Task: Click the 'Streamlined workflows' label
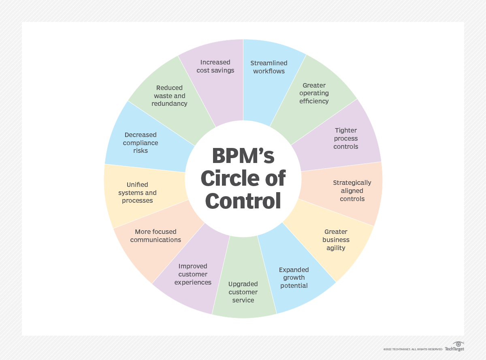[269, 67]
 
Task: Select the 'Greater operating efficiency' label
[314, 93]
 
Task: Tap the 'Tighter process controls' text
[346, 138]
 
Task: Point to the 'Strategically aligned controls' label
[352, 191]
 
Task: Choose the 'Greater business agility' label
[336, 240]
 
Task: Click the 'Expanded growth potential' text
[294, 278]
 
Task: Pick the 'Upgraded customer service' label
[243, 292]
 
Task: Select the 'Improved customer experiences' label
[193, 274]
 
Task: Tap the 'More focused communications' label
[156, 236]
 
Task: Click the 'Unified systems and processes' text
[137, 193]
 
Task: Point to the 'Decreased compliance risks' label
[141, 143]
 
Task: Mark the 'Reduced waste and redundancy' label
[169, 96]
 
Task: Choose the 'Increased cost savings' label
[215, 66]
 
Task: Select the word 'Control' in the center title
[243, 201]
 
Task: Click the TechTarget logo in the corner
[454, 347]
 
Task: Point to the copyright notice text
[413, 349]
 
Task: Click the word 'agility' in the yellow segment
[336, 248]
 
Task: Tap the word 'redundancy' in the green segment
[169, 104]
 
